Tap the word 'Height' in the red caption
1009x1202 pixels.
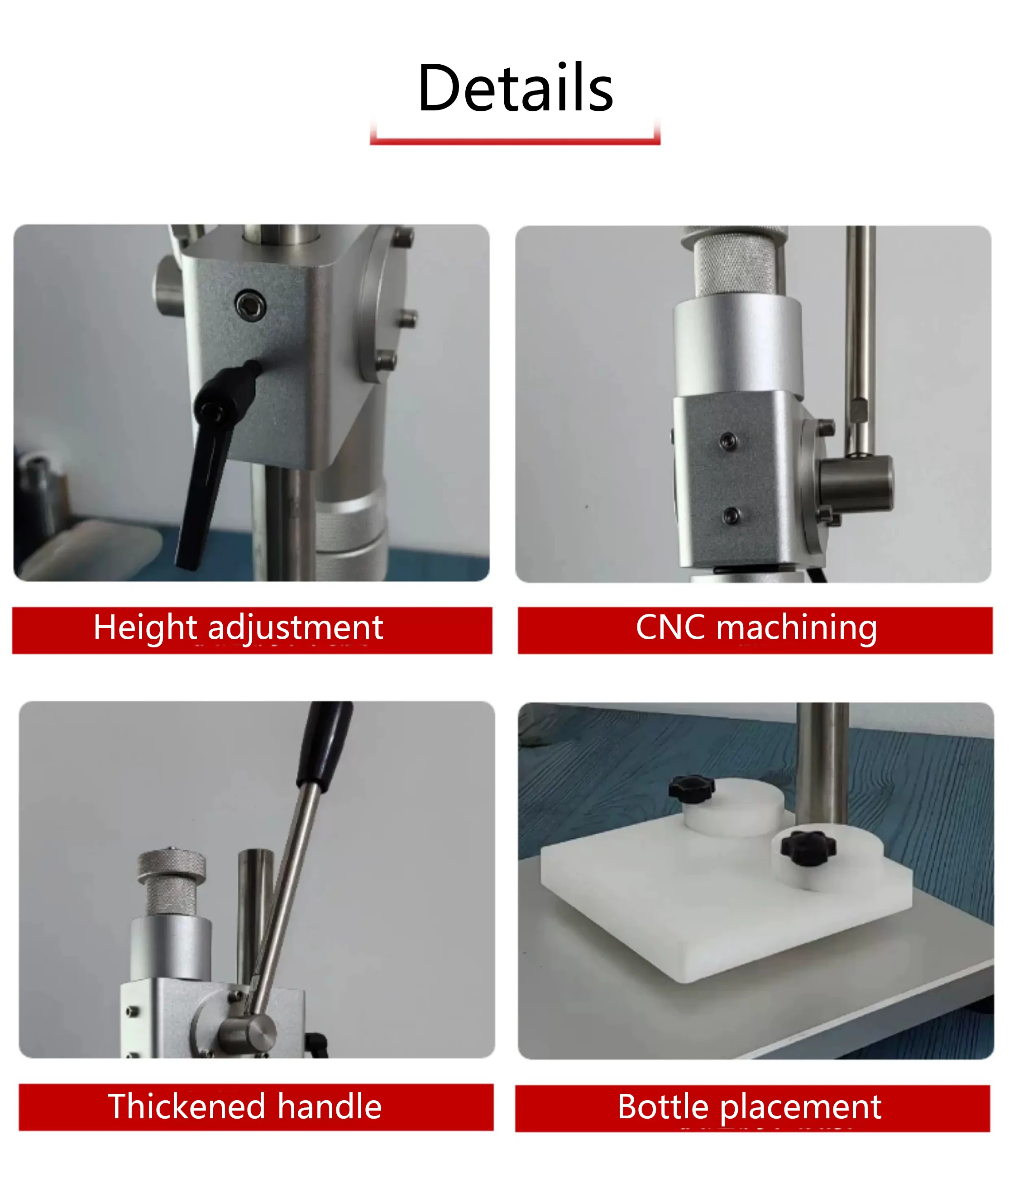145,628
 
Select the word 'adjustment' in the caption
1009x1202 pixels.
296,628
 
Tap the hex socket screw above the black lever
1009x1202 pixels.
250,305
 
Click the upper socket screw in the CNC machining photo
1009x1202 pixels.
728,441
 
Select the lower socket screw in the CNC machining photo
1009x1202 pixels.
730,515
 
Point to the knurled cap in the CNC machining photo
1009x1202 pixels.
734,261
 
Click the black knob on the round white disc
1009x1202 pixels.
692,790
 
